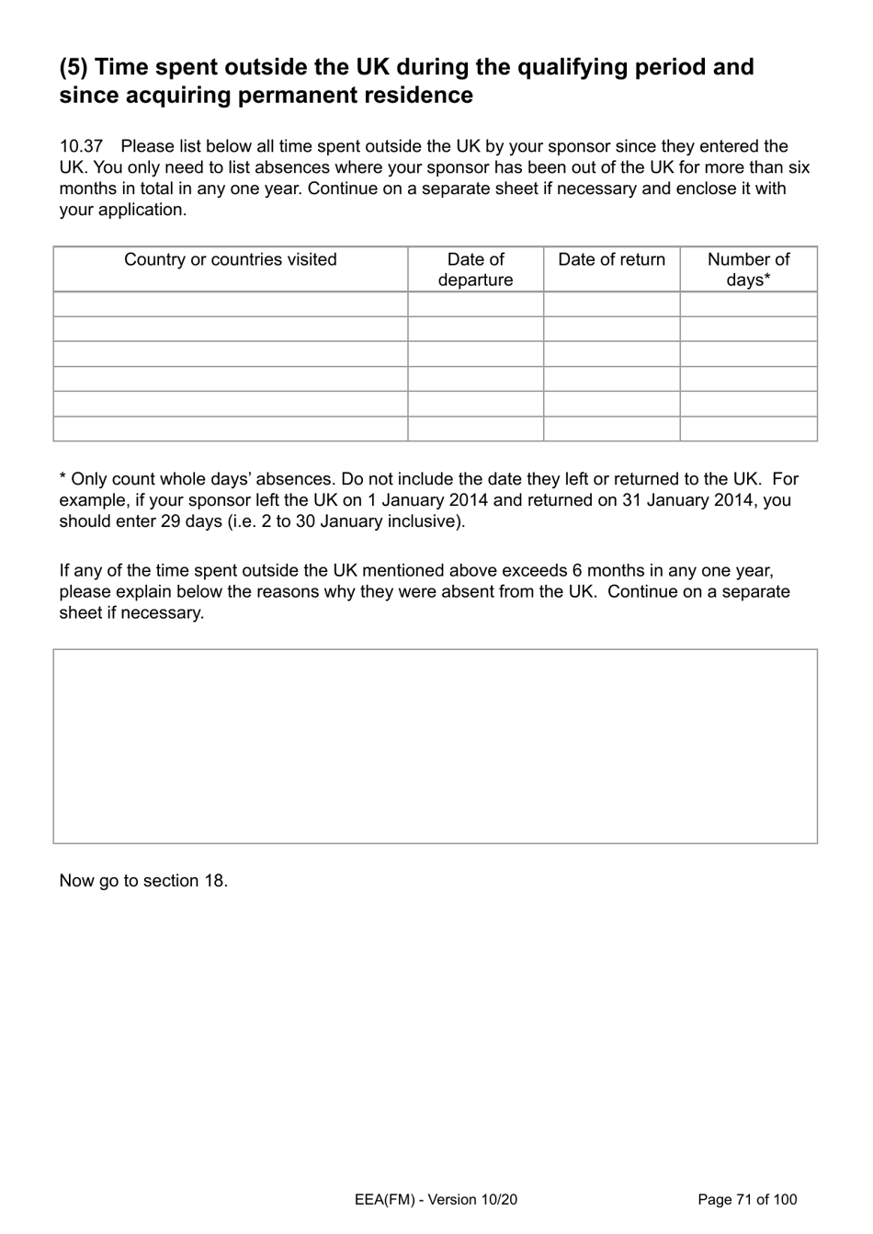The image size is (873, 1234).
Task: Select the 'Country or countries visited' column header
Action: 230,260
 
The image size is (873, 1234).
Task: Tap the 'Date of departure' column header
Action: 475,269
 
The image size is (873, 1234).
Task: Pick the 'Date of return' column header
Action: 611,260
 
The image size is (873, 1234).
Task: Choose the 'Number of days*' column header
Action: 748,269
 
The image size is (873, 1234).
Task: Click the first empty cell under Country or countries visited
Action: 230,304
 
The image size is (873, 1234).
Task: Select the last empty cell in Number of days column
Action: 748,428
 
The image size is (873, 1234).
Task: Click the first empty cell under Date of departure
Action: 475,304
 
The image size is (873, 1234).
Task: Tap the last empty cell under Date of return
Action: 611,428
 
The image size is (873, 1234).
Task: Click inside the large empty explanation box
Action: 435,746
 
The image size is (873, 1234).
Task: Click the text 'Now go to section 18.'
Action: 143,881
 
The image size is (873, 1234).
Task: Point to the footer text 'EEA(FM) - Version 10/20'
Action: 436,1199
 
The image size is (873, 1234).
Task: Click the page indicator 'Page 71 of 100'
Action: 747,1199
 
